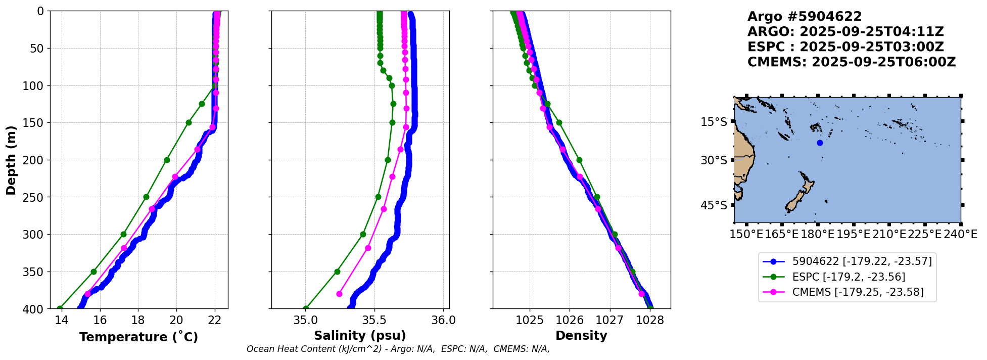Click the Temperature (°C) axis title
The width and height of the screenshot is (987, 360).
(x=138, y=337)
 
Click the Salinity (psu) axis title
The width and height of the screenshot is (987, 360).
(x=360, y=336)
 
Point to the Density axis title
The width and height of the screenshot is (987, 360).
(x=581, y=336)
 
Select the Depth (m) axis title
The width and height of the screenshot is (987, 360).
(x=11, y=160)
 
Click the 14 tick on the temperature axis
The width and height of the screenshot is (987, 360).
(x=61, y=320)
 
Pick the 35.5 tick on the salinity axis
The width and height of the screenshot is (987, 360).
(x=374, y=320)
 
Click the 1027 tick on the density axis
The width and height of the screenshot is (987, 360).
(x=609, y=320)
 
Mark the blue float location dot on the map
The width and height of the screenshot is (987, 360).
(x=820, y=143)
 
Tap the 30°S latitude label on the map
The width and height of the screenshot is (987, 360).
(x=714, y=160)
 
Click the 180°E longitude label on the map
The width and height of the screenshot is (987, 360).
(x=817, y=234)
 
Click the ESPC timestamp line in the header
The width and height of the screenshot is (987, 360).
(x=845, y=47)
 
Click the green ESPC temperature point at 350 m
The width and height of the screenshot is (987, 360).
(x=93, y=272)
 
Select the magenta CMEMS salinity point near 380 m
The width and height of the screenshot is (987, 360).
(x=339, y=294)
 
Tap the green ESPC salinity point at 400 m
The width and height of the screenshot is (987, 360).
(x=306, y=308)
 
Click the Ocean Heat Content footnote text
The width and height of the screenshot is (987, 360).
(x=398, y=349)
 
